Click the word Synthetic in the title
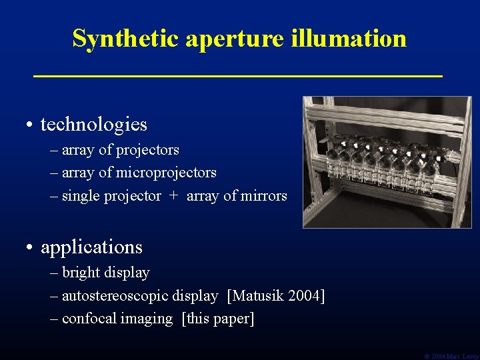click(x=126, y=39)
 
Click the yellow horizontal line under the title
click(x=238, y=77)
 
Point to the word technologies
click(x=94, y=125)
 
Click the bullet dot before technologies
click(x=31, y=125)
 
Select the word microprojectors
click(x=166, y=173)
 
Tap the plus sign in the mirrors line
click(x=174, y=196)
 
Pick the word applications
click(x=92, y=247)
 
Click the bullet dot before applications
click(x=31, y=248)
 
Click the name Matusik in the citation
click(x=257, y=295)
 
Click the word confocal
click(x=87, y=319)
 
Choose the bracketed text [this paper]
click(x=218, y=319)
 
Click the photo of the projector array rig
click(x=387, y=162)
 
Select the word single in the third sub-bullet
click(x=81, y=196)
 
